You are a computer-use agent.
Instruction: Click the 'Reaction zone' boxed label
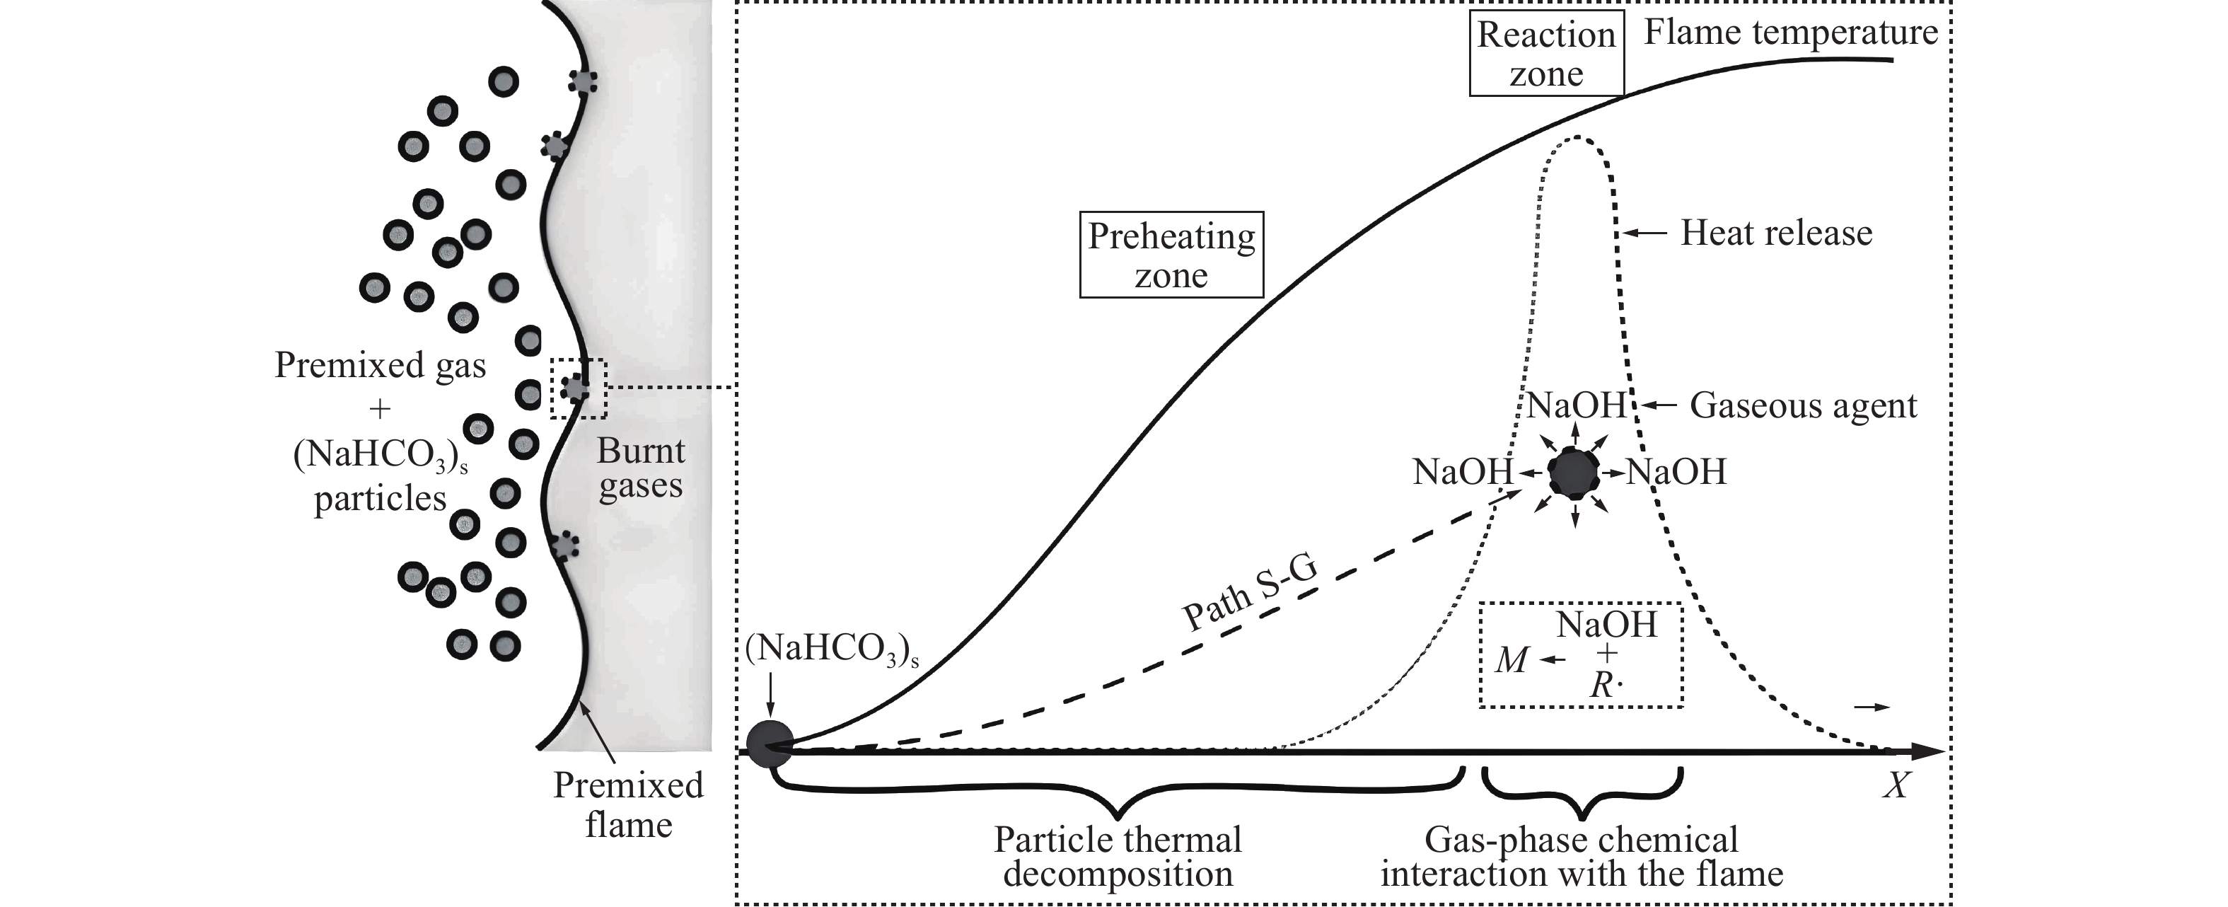[x=1546, y=54]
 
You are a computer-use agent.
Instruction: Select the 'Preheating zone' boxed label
[x=1171, y=255]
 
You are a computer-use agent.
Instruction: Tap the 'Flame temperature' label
[x=1790, y=33]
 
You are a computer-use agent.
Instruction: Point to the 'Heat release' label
[x=1775, y=233]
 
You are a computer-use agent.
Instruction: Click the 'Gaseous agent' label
[x=1804, y=405]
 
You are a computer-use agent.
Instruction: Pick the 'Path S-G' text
[x=1250, y=594]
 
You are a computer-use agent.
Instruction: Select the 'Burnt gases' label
[x=640, y=468]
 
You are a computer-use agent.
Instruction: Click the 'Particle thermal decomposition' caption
[x=1118, y=856]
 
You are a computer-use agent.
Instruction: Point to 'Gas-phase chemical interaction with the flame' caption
[x=1581, y=856]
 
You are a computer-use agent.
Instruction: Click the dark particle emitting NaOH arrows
[x=1574, y=473]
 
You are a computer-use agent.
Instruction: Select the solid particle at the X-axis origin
[x=770, y=744]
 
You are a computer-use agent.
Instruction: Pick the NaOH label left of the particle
[x=1463, y=473]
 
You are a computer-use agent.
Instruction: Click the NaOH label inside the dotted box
[x=1607, y=625]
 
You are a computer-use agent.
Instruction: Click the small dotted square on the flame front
[x=579, y=388]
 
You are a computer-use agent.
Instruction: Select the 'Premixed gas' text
[x=380, y=365]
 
